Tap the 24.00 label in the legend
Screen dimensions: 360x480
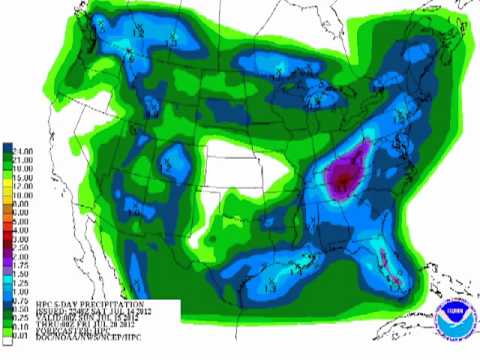click(20, 149)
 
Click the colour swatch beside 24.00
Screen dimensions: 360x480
click(6, 149)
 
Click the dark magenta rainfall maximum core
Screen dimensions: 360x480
click(343, 178)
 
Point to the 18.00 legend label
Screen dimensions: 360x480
click(20, 163)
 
